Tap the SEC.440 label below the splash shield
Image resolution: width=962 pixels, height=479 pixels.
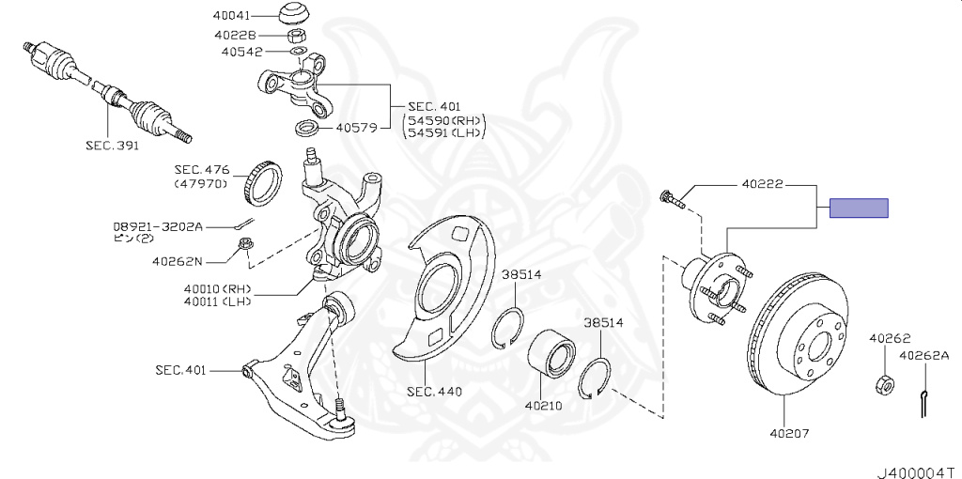click(x=434, y=391)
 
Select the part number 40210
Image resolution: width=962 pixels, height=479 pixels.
click(x=544, y=407)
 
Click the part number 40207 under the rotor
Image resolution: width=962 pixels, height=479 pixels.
click(x=789, y=433)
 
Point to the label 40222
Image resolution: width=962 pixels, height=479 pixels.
click(x=762, y=185)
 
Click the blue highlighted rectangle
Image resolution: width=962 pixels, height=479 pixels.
click(x=858, y=209)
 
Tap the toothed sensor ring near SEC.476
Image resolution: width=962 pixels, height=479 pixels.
click(x=262, y=183)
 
